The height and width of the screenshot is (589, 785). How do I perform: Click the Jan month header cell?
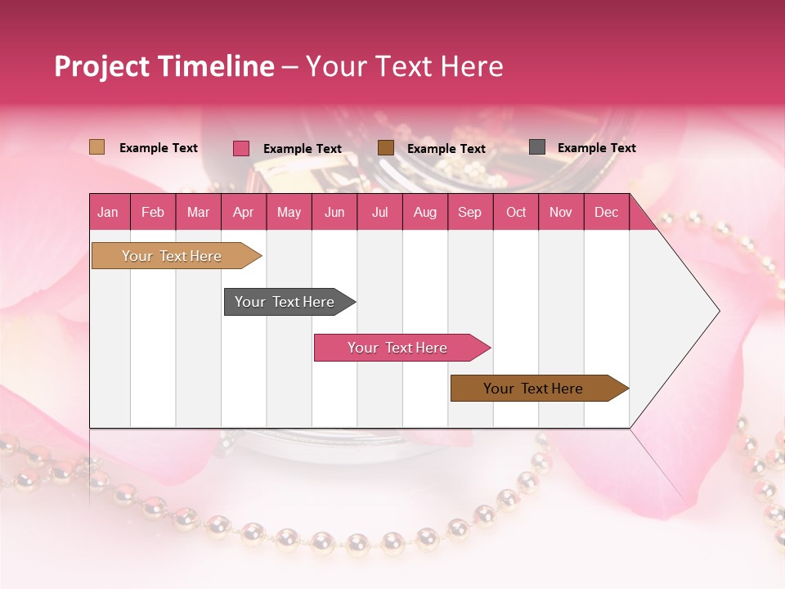[109, 212]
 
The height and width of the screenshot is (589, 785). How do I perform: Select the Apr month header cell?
[244, 212]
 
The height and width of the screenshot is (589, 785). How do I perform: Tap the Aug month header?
[425, 212]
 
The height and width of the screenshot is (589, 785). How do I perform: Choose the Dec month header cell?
[607, 212]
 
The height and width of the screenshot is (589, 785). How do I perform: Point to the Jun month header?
[334, 212]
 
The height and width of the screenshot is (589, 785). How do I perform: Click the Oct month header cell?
[516, 212]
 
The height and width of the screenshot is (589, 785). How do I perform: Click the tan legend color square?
[97, 147]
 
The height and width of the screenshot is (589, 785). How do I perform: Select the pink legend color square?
[241, 148]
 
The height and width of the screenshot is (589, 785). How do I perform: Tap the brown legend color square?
[386, 148]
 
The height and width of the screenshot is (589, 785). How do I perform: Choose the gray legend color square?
[537, 147]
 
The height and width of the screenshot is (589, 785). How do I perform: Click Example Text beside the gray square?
[596, 148]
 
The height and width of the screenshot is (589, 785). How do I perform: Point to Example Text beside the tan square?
[159, 148]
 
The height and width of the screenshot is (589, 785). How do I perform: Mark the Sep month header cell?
[470, 212]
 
